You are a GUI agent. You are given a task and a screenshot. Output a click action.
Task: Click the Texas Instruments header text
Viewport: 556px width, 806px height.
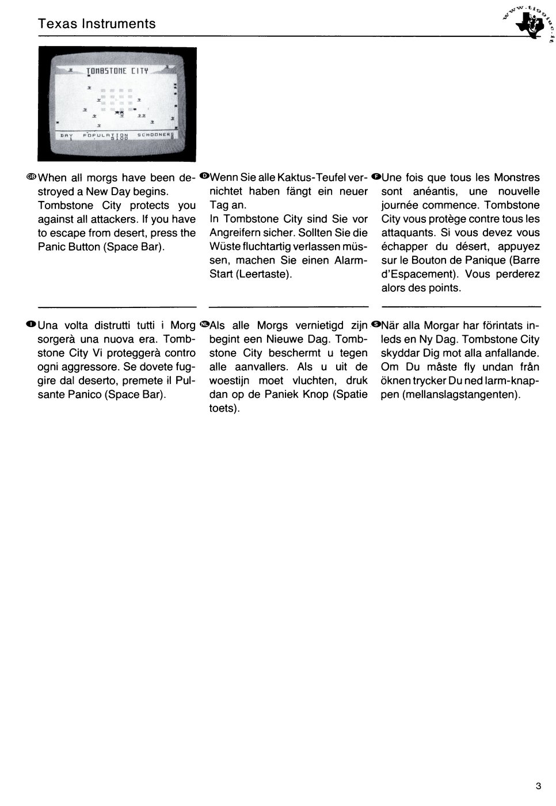(x=97, y=24)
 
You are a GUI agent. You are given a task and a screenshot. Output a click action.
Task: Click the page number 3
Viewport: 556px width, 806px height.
(x=538, y=786)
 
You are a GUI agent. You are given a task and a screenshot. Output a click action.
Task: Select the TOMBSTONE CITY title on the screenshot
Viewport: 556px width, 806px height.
(x=118, y=71)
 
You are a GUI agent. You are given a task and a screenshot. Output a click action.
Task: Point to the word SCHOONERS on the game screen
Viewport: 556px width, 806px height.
(x=154, y=134)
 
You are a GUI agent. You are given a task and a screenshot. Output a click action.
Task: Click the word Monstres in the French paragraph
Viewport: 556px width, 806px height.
(x=516, y=177)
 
